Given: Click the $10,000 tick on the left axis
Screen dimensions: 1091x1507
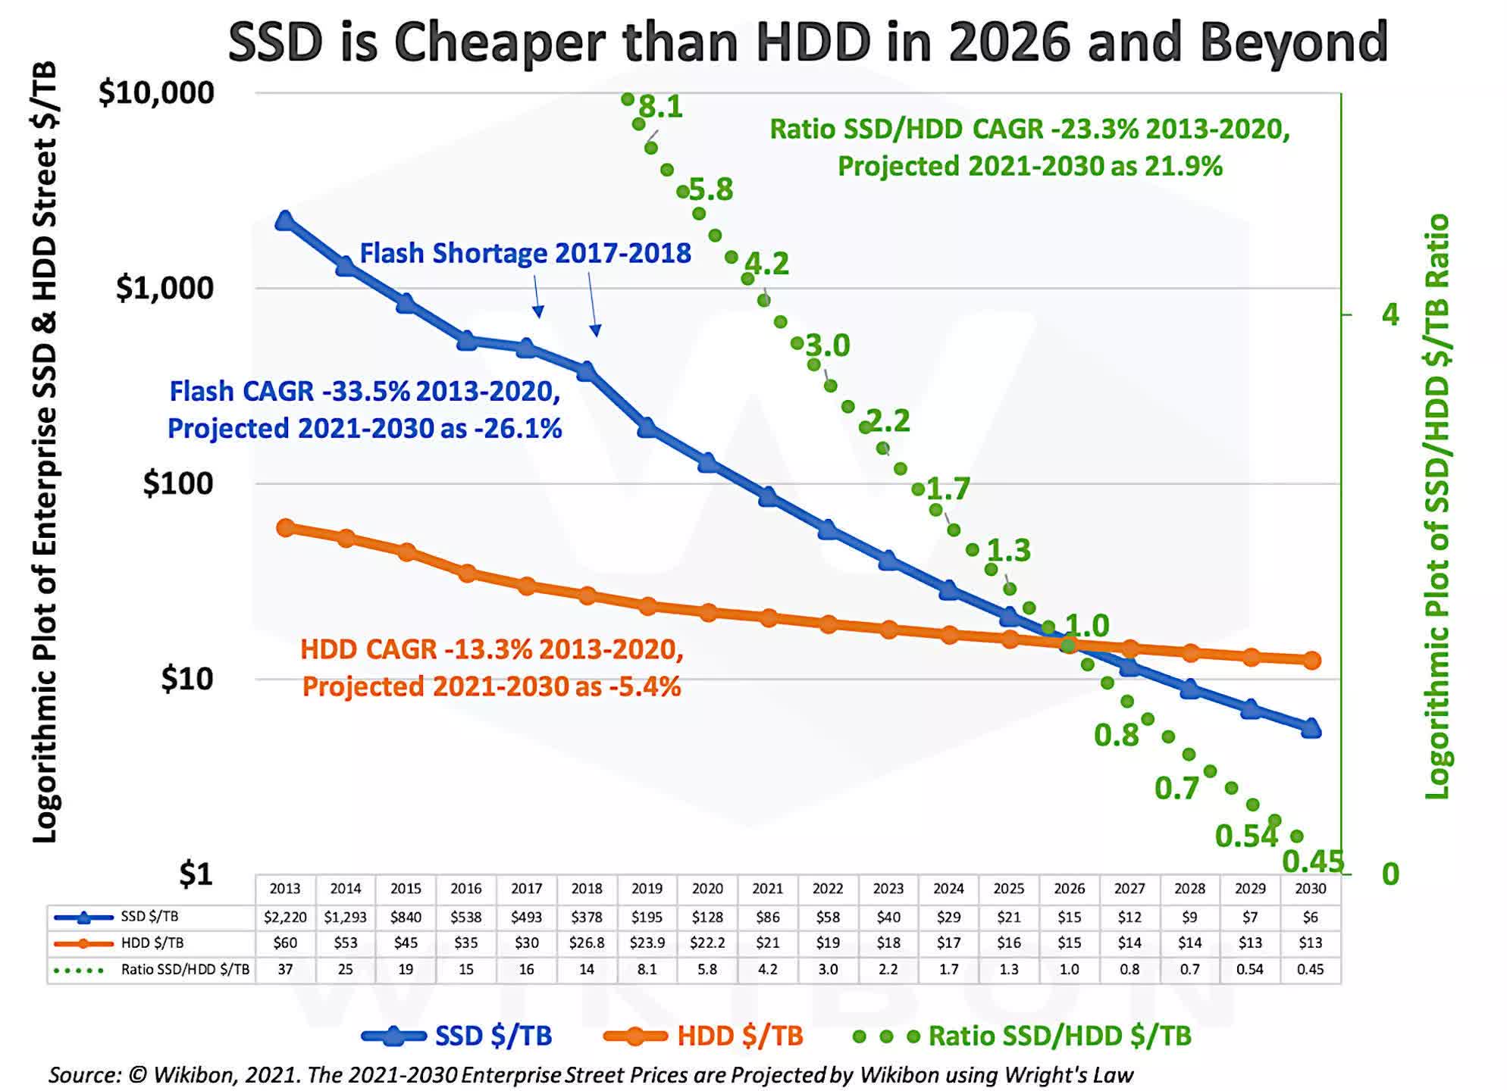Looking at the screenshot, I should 156,93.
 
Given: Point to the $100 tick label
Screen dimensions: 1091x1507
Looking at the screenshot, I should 178,483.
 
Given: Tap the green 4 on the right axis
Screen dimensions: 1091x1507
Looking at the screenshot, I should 1390,314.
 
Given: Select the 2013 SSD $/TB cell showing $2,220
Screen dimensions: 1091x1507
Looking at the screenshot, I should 285,918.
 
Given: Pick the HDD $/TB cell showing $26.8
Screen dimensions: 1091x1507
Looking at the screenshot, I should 587,943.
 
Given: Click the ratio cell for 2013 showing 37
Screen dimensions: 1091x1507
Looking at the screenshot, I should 285,970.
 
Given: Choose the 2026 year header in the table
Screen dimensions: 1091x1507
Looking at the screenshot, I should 1069,889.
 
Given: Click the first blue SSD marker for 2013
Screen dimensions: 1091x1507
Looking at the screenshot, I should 285,221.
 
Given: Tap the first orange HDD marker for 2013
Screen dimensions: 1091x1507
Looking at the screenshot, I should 286,528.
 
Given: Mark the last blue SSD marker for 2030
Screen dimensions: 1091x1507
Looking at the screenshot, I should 1311,729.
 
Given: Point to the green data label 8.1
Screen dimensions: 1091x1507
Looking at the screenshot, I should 661,107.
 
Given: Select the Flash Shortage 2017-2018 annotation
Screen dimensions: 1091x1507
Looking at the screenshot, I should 525,253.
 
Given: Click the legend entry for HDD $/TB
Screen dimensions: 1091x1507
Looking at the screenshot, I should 739,1036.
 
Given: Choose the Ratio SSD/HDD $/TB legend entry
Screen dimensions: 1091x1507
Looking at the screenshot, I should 1059,1036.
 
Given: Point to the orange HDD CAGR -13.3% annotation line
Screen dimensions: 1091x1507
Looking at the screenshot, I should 491,649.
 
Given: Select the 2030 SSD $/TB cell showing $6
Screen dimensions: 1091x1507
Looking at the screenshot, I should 1310,918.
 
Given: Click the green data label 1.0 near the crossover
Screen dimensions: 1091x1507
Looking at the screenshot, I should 1087,626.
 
